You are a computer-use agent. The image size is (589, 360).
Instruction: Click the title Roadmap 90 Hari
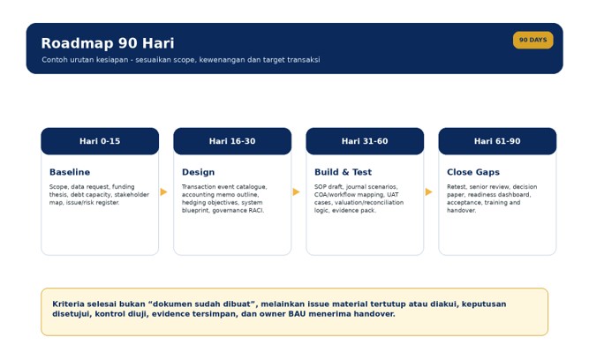[x=108, y=43]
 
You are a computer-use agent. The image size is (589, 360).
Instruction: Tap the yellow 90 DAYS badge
[x=532, y=40]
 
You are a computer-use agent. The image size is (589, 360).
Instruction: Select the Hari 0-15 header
[x=100, y=141]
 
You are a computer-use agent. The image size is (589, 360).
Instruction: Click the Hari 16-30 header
[x=232, y=141]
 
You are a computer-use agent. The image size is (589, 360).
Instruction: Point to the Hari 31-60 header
[x=365, y=141]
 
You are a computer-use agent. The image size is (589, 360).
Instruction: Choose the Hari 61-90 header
[x=497, y=141]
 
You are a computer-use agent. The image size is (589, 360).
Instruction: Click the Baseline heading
[x=70, y=172]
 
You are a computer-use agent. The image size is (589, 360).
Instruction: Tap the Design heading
[x=199, y=172]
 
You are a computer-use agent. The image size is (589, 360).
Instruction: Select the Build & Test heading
[x=343, y=172]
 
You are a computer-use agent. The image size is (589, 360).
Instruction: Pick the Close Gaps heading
[x=473, y=172]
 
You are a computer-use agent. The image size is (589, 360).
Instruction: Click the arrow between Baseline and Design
[x=163, y=191]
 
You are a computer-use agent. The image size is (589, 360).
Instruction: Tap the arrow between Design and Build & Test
[x=296, y=191]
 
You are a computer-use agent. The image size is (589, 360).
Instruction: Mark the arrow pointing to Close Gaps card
[x=428, y=191]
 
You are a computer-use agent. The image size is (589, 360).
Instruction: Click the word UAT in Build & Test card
[x=393, y=194]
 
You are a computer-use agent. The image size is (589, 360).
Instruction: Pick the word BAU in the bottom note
[x=297, y=314]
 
